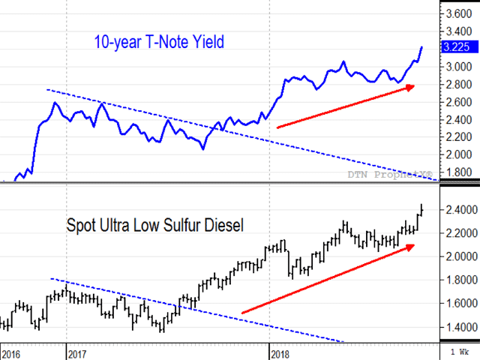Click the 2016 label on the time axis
coord(12,351)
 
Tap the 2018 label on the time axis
coord(280,351)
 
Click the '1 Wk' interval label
coord(459,351)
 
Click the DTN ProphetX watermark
coord(391,174)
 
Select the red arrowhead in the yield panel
coord(409,87)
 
